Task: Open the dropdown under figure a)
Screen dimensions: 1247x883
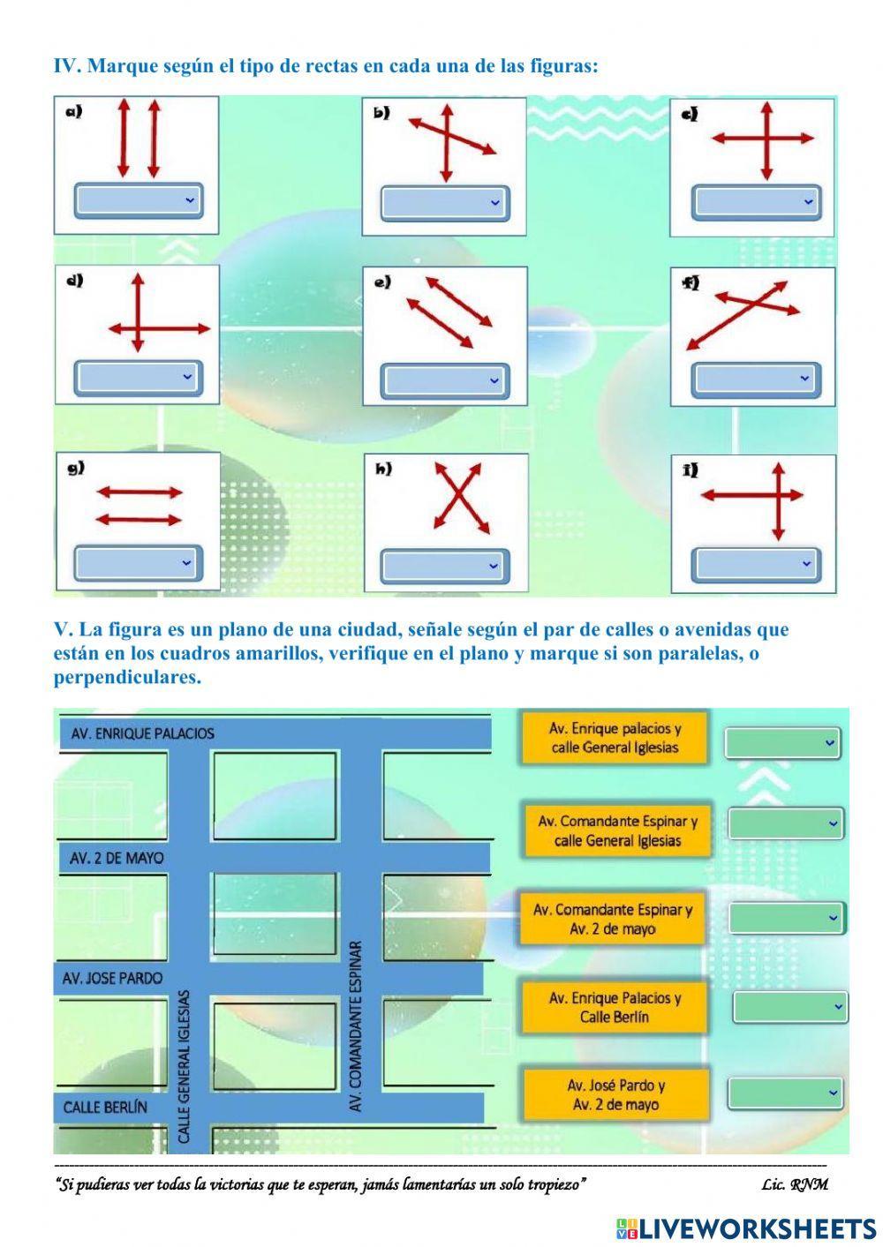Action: (137, 200)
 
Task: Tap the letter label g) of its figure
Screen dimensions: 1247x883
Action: (76, 469)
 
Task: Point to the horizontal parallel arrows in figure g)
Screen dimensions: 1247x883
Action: (138, 506)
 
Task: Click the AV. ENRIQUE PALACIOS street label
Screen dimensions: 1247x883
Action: (142, 733)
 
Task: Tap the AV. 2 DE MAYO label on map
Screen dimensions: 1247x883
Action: (117, 858)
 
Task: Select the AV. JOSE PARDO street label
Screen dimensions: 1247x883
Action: (112, 978)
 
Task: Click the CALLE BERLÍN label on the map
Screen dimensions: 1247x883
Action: (105, 1107)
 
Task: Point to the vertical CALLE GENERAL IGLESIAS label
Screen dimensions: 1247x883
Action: (184, 1066)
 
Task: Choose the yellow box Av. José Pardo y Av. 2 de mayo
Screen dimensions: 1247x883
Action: (615, 1094)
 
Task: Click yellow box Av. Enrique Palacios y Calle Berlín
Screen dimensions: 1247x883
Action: (615, 1007)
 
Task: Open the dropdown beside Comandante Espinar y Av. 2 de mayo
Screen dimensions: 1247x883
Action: (786, 918)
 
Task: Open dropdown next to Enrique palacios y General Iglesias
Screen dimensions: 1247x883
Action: (782, 743)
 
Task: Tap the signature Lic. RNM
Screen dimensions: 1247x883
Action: (794, 1184)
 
